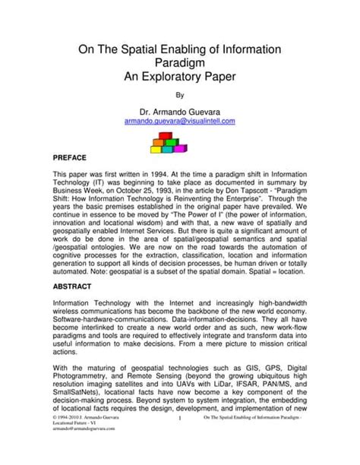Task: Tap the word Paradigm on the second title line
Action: tap(180, 65)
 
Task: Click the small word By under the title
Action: tap(180, 96)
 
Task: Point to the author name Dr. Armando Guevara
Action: tap(180, 111)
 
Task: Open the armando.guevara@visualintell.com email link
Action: tap(180, 122)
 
